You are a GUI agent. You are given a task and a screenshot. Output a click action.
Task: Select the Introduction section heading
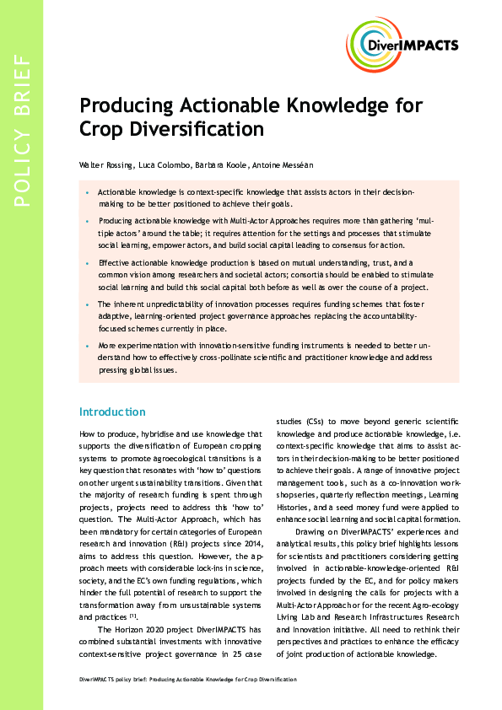point(112,411)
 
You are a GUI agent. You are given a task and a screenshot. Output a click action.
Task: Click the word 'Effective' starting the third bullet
point(116,263)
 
